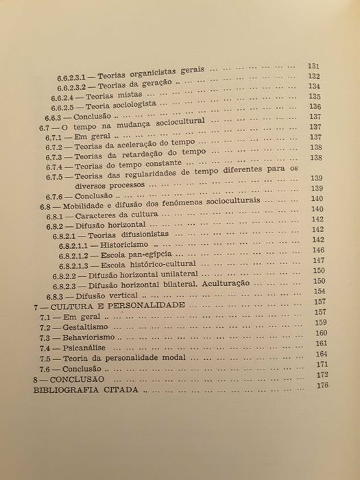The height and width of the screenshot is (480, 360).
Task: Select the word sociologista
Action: [x=132, y=108]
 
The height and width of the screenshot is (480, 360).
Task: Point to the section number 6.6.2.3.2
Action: [x=71, y=86]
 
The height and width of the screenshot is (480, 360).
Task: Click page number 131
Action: [x=315, y=66]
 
